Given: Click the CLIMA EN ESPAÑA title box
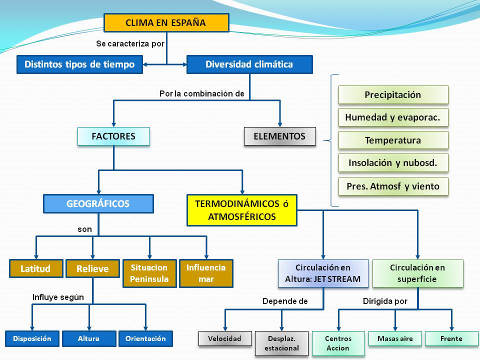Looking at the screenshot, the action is point(166,22).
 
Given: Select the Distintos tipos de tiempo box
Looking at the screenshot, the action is point(79,64).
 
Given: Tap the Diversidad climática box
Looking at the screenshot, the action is point(249,64).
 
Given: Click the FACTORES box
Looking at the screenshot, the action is point(113,136).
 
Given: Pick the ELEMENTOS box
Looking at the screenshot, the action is point(280,136).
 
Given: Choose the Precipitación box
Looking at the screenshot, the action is point(393,95).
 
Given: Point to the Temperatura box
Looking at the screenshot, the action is point(393,140).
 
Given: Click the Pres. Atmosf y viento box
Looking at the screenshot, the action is point(393,186).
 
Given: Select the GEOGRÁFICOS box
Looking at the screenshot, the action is point(98,203).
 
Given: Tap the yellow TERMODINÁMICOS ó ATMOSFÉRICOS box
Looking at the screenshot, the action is point(242,210).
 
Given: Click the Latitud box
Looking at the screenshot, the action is point(36,268).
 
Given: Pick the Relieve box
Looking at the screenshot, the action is point(93,268).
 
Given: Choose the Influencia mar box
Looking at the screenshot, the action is point(206,273).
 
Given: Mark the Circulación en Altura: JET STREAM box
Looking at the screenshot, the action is point(323,273).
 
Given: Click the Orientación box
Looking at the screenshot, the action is point(145,338).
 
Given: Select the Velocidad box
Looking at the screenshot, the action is point(225,338).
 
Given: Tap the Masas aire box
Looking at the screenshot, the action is point(395,338).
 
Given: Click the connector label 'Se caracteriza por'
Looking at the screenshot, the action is point(130,44).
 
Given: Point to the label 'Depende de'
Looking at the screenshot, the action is point(285,301).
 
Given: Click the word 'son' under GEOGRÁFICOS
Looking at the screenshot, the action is point(85,229).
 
